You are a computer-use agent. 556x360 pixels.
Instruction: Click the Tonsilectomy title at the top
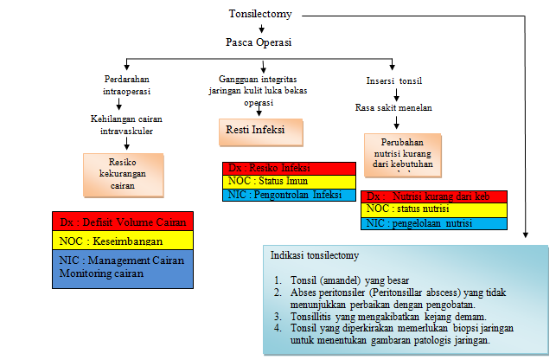pyautogui.click(x=260, y=14)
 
